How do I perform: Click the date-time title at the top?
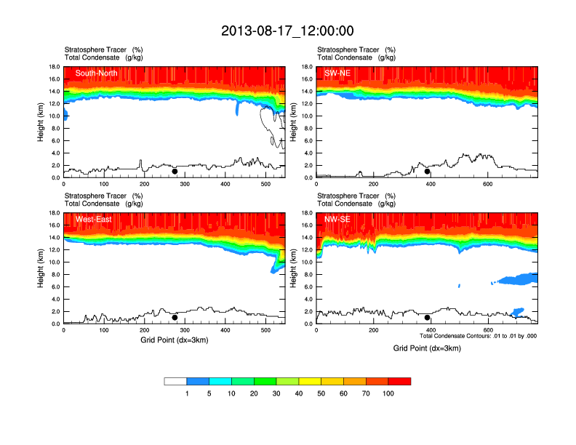(287, 31)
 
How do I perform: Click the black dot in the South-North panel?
(175, 172)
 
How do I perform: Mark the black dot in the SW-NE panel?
(428, 172)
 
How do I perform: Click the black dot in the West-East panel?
(175, 318)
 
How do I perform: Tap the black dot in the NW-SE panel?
(428, 318)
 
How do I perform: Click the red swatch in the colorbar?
(399, 381)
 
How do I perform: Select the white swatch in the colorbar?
(175, 381)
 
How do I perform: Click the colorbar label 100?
(388, 393)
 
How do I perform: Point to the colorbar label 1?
(187, 393)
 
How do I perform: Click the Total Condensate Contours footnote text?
(478, 336)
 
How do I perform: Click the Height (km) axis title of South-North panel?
(41, 122)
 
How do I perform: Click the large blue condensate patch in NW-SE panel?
(519, 278)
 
